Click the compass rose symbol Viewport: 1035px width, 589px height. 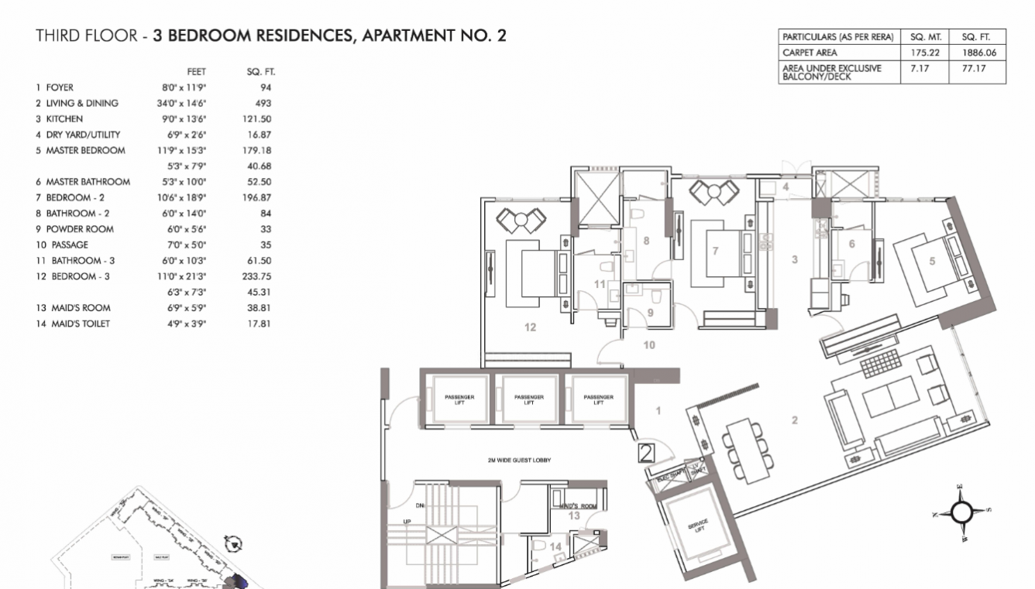click(x=961, y=512)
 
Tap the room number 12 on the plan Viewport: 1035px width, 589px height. click(x=530, y=327)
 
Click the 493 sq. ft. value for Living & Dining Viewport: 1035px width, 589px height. click(x=263, y=103)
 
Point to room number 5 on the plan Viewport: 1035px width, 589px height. click(x=932, y=261)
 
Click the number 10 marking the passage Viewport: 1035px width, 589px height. click(x=649, y=344)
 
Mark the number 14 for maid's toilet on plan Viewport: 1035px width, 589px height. click(x=555, y=546)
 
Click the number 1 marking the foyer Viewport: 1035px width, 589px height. click(x=658, y=411)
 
